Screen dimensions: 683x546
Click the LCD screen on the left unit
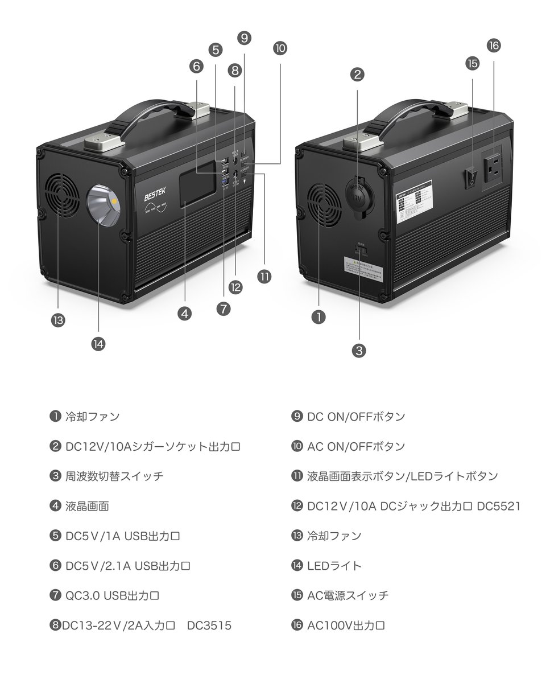(197, 191)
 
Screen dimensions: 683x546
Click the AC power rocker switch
(470, 177)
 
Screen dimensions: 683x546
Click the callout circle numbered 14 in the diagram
(98, 344)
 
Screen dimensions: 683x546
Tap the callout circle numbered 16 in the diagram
(493, 46)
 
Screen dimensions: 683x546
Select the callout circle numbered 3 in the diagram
(358, 351)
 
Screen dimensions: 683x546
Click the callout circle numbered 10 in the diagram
(280, 48)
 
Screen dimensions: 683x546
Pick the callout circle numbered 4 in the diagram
(184, 313)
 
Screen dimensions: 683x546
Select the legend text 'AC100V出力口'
(346, 626)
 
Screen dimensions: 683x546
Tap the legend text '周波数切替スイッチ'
(114, 476)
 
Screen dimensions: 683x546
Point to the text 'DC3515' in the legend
(209, 626)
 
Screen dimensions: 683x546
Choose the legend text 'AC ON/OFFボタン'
(356, 446)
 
